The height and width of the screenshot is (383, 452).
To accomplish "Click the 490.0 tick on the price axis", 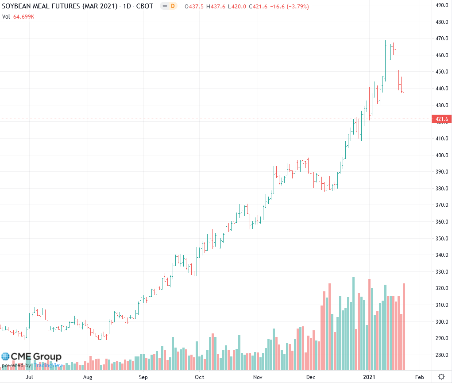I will click(441, 5).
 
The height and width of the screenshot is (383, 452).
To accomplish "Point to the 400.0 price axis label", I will click(441, 155).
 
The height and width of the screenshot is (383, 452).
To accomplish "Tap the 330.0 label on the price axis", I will click(441, 271).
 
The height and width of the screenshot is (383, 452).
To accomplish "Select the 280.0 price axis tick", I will click(441, 355).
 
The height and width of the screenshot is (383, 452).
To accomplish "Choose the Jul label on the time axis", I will click(30, 377).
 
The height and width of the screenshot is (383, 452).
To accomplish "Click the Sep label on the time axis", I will click(143, 377).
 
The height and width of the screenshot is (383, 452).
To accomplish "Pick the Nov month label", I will click(258, 377).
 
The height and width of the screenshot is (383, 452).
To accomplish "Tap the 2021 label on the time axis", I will click(370, 377).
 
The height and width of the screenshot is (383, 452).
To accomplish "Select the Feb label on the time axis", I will click(419, 377).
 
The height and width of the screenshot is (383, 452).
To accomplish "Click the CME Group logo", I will click(31, 356).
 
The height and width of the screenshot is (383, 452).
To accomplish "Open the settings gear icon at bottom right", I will click(441, 377).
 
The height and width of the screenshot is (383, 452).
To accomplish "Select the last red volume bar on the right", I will click(404, 326).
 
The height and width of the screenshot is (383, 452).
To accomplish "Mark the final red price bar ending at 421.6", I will click(404, 106).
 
